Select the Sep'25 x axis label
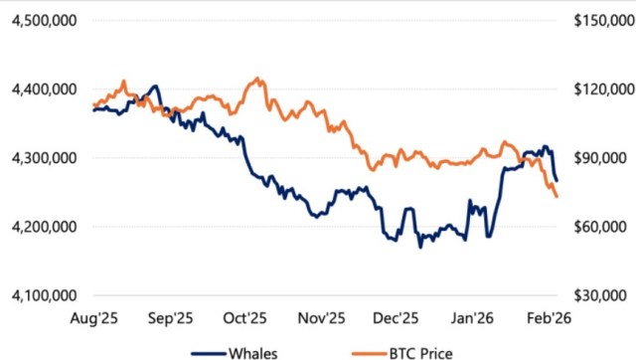[x=169, y=318]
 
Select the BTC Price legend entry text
[x=414, y=349]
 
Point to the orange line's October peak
[x=258, y=78]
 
